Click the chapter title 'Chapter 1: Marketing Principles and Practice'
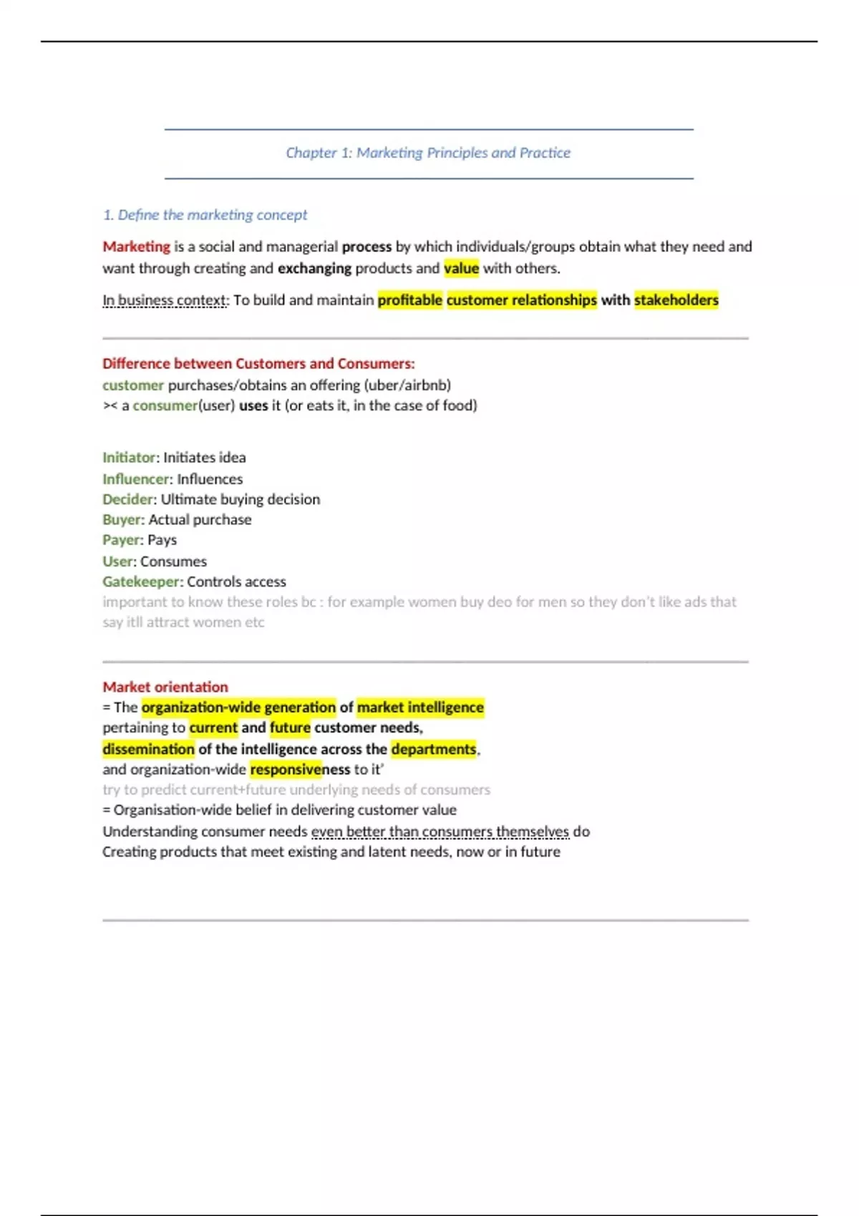pyautogui.click(x=428, y=152)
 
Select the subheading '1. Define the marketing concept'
pyautogui.click(x=205, y=215)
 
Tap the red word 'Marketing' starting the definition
pyautogui.click(x=136, y=247)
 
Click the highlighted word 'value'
pyautogui.click(x=461, y=268)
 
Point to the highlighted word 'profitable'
pyautogui.click(x=409, y=300)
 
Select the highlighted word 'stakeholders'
pyautogui.click(x=676, y=300)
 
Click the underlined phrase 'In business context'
pyautogui.click(x=165, y=300)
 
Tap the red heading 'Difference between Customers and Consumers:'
pyautogui.click(x=258, y=363)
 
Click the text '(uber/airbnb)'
pyautogui.click(x=407, y=385)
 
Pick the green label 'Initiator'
pyautogui.click(x=129, y=458)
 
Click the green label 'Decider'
pyautogui.click(x=128, y=499)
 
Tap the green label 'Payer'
pyautogui.click(x=122, y=540)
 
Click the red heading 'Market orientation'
pyautogui.click(x=165, y=687)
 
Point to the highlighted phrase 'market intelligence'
pyautogui.click(x=420, y=707)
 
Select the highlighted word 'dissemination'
pyautogui.click(x=148, y=749)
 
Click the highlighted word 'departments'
pyautogui.click(x=434, y=749)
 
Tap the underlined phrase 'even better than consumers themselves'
pyautogui.click(x=440, y=831)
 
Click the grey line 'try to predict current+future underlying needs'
pyautogui.click(x=296, y=790)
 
